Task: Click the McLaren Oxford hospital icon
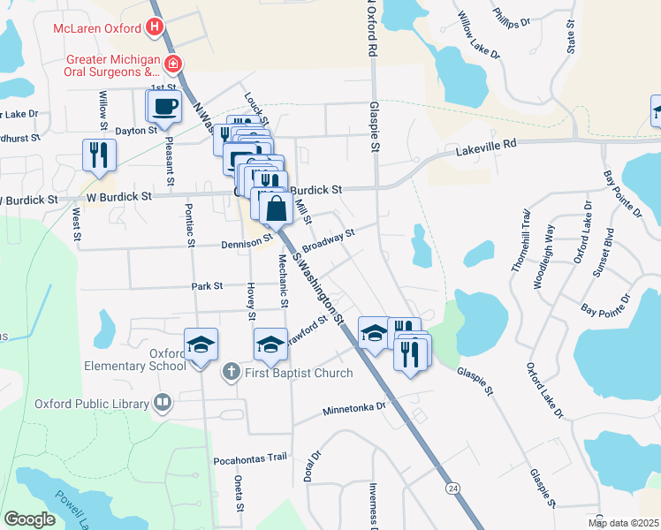pyautogui.click(x=156, y=27)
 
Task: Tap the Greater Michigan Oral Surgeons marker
pyautogui.click(x=174, y=64)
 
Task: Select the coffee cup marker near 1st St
pyautogui.click(x=163, y=108)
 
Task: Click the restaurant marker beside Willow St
pyautogui.click(x=99, y=155)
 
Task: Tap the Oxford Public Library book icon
pyautogui.click(x=162, y=404)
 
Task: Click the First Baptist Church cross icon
pyautogui.click(x=230, y=372)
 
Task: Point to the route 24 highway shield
pyautogui.click(x=452, y=488)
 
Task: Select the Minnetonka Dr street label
pyautogui.click(x=355, y=408)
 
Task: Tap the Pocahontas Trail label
pyautogui.click(x=251, y=458)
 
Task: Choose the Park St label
pyautogui.click(x=207, y=286)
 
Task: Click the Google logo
pyautogui.click(x=29, y=519)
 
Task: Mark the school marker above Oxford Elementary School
pyautogui.click(x=201, y=344)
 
